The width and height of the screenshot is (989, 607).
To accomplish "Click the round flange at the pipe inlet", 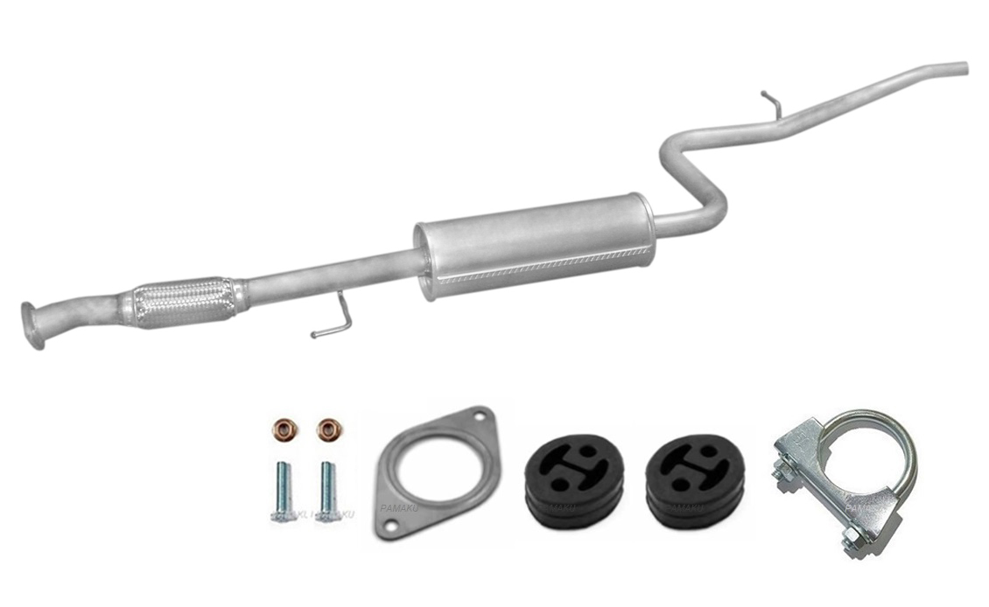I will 32,324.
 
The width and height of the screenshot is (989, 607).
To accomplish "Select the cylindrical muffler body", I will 534,245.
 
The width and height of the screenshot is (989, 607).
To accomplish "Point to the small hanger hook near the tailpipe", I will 770,101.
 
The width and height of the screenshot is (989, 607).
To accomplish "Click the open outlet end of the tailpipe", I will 963,67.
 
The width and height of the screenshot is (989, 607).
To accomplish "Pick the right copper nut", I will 328,429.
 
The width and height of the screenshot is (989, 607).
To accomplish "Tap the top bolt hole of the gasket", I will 478,419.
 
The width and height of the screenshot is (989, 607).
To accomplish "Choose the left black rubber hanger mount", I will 573,484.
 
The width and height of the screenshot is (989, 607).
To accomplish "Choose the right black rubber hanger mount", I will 694,484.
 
